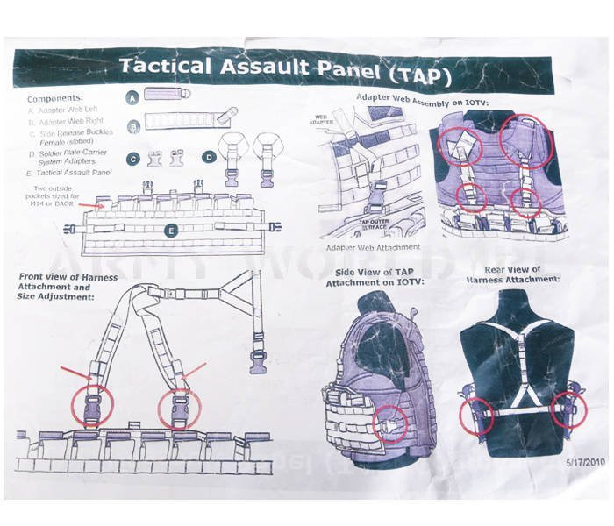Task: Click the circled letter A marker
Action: click(x=132, y=98)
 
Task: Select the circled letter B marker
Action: click(x=132, y=126)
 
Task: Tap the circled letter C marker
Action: click(x=132, y=160)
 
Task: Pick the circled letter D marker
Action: click(x=209, y=159)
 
